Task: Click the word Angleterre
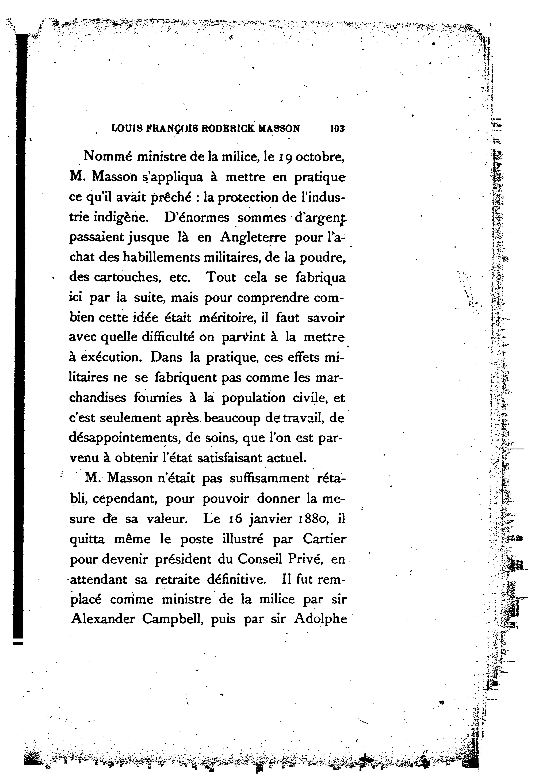253,238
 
